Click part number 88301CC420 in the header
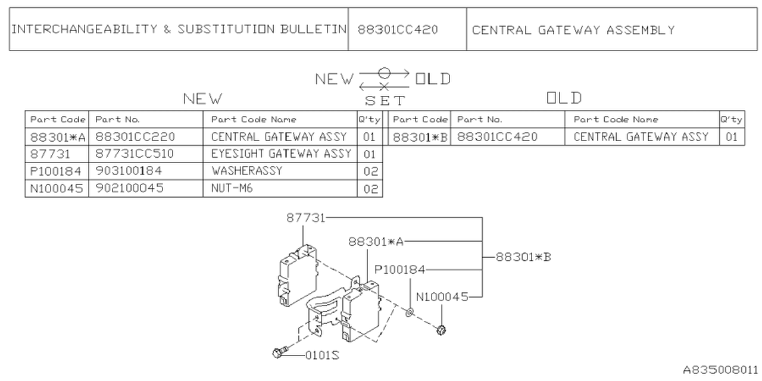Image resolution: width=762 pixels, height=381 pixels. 398,30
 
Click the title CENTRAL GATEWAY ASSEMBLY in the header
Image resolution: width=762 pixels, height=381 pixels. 573,30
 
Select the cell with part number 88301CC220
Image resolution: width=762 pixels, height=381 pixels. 135,137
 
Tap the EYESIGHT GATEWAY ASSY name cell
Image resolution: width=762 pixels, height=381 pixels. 281,154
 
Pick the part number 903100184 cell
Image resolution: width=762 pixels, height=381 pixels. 129,171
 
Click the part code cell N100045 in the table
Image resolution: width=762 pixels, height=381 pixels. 57,188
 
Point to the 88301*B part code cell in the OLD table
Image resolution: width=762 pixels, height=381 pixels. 420,137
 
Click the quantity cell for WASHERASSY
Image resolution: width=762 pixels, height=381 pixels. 370,171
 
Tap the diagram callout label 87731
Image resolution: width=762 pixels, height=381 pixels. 305,218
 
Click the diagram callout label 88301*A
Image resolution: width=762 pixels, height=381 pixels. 376,241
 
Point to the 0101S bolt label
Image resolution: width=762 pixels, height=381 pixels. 322,355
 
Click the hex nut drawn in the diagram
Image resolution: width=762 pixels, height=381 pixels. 441,329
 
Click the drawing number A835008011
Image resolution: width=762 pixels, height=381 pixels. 720,370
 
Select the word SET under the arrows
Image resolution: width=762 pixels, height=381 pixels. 385,101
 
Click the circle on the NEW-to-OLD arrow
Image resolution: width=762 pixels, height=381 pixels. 384,73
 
